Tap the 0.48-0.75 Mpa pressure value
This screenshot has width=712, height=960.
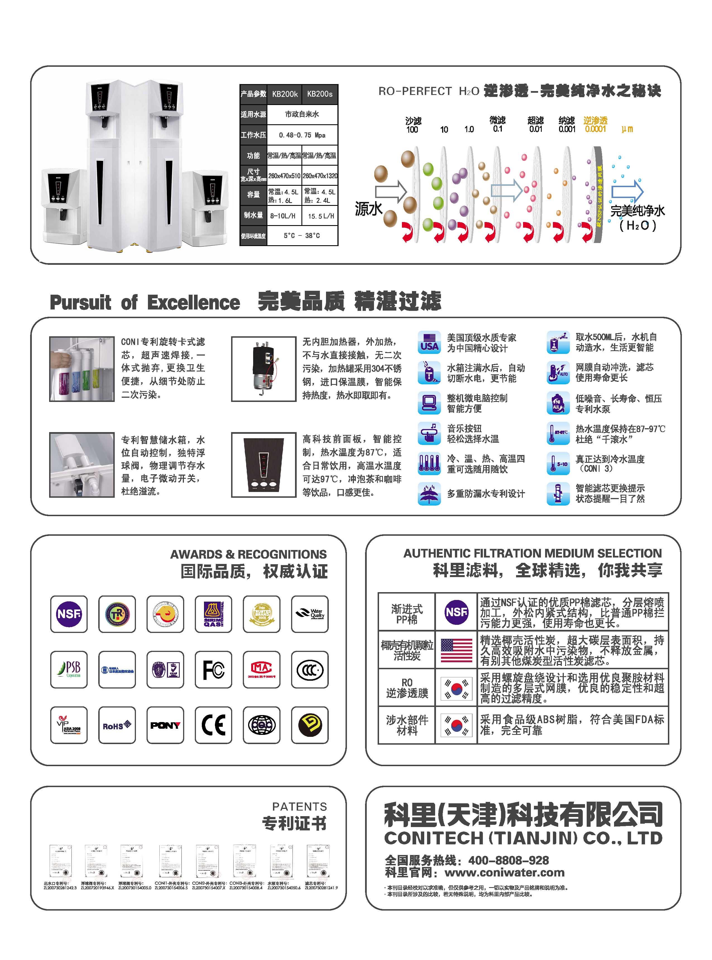pos(302,135)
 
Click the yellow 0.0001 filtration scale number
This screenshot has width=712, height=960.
pos(595,129)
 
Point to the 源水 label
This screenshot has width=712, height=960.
pos(368,209)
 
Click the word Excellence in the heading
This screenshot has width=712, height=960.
pos(193,303)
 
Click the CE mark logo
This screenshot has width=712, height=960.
pos(213,725)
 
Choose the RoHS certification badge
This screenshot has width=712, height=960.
pos(117,725)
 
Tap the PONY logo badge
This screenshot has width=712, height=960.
pos(165,725)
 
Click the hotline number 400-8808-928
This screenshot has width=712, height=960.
pos(509,860)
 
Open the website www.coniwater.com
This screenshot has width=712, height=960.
pos(504,873)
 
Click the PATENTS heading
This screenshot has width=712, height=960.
pos(299,806)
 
